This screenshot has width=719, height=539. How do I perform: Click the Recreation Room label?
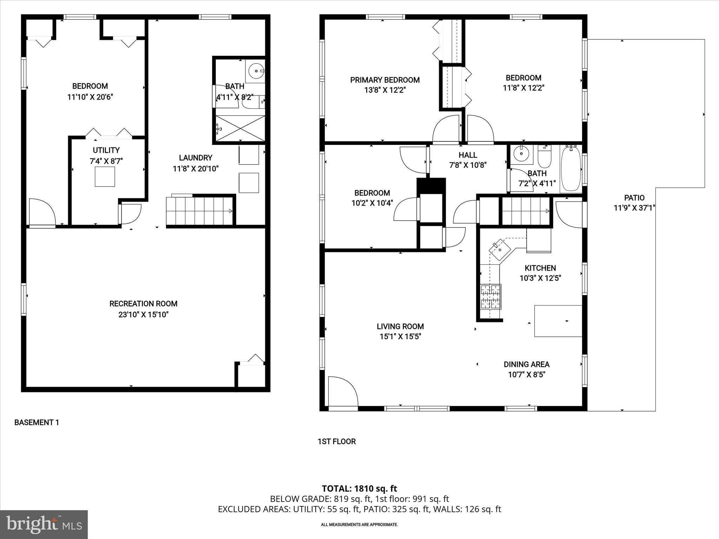tap(143, 304)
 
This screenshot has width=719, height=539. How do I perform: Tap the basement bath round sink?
tap(256, 71)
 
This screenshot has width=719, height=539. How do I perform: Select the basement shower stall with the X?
tap(240, 128)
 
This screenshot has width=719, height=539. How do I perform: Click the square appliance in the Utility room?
tap(105, 177)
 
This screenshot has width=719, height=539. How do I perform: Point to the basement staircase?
tap(199, 211)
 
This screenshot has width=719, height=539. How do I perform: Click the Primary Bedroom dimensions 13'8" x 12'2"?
tap(385, 90)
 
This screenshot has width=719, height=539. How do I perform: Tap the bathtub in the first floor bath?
tap(570, 169)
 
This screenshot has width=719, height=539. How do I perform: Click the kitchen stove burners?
tap(490, 297)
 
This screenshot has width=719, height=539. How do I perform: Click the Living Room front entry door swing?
tap(342, 391)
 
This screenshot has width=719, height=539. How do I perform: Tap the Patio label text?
tap(634, 198)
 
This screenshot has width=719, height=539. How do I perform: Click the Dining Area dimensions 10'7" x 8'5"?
tap(526, 374)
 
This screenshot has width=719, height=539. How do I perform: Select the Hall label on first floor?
tap(468, 155)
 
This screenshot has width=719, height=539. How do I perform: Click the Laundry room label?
tap(196, 158)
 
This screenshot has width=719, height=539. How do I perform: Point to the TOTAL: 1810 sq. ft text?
tap(359, 488)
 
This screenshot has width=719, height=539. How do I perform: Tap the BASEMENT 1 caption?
tap(37, 422)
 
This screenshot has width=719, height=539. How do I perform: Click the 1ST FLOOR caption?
tap(336, 441)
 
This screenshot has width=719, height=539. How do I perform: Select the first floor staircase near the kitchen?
tap(526, 211)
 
